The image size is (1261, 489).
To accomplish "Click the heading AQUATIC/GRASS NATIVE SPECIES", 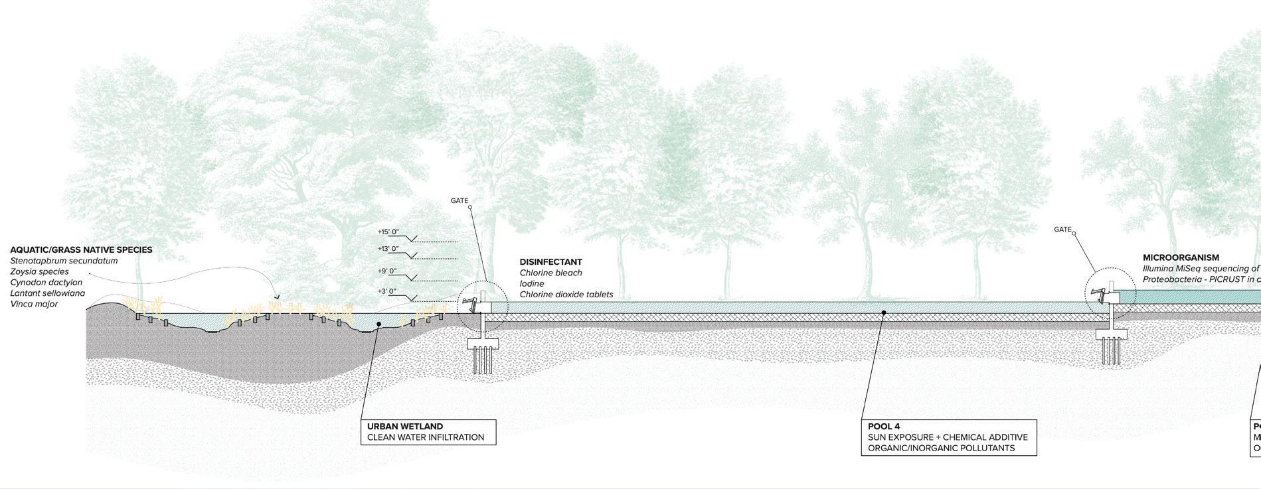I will click(x=81, y=250).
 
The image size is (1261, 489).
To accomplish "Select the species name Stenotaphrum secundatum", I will click(x=64, y=261).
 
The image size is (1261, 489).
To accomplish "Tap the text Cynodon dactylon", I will click(x=46, y=283).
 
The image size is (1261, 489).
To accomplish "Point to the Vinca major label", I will click(x=34, y=304).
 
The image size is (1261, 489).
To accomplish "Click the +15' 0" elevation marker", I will click(x=388, y=232).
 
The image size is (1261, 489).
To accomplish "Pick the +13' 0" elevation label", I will click(x=388, y=249).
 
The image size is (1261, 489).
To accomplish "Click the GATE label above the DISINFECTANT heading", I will click(x=460, y=200).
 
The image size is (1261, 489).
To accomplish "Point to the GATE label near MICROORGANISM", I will click(x=1062, y=230).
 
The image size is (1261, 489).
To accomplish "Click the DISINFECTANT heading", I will click(x=550, y=262).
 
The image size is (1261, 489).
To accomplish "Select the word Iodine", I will click(x=532, y=284).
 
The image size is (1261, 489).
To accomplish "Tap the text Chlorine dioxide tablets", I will click(x=566, y=295).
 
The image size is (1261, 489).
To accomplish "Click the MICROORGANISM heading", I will click(x=1181, y=257).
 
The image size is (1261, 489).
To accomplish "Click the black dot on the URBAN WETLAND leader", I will click(x=378, y=324).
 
